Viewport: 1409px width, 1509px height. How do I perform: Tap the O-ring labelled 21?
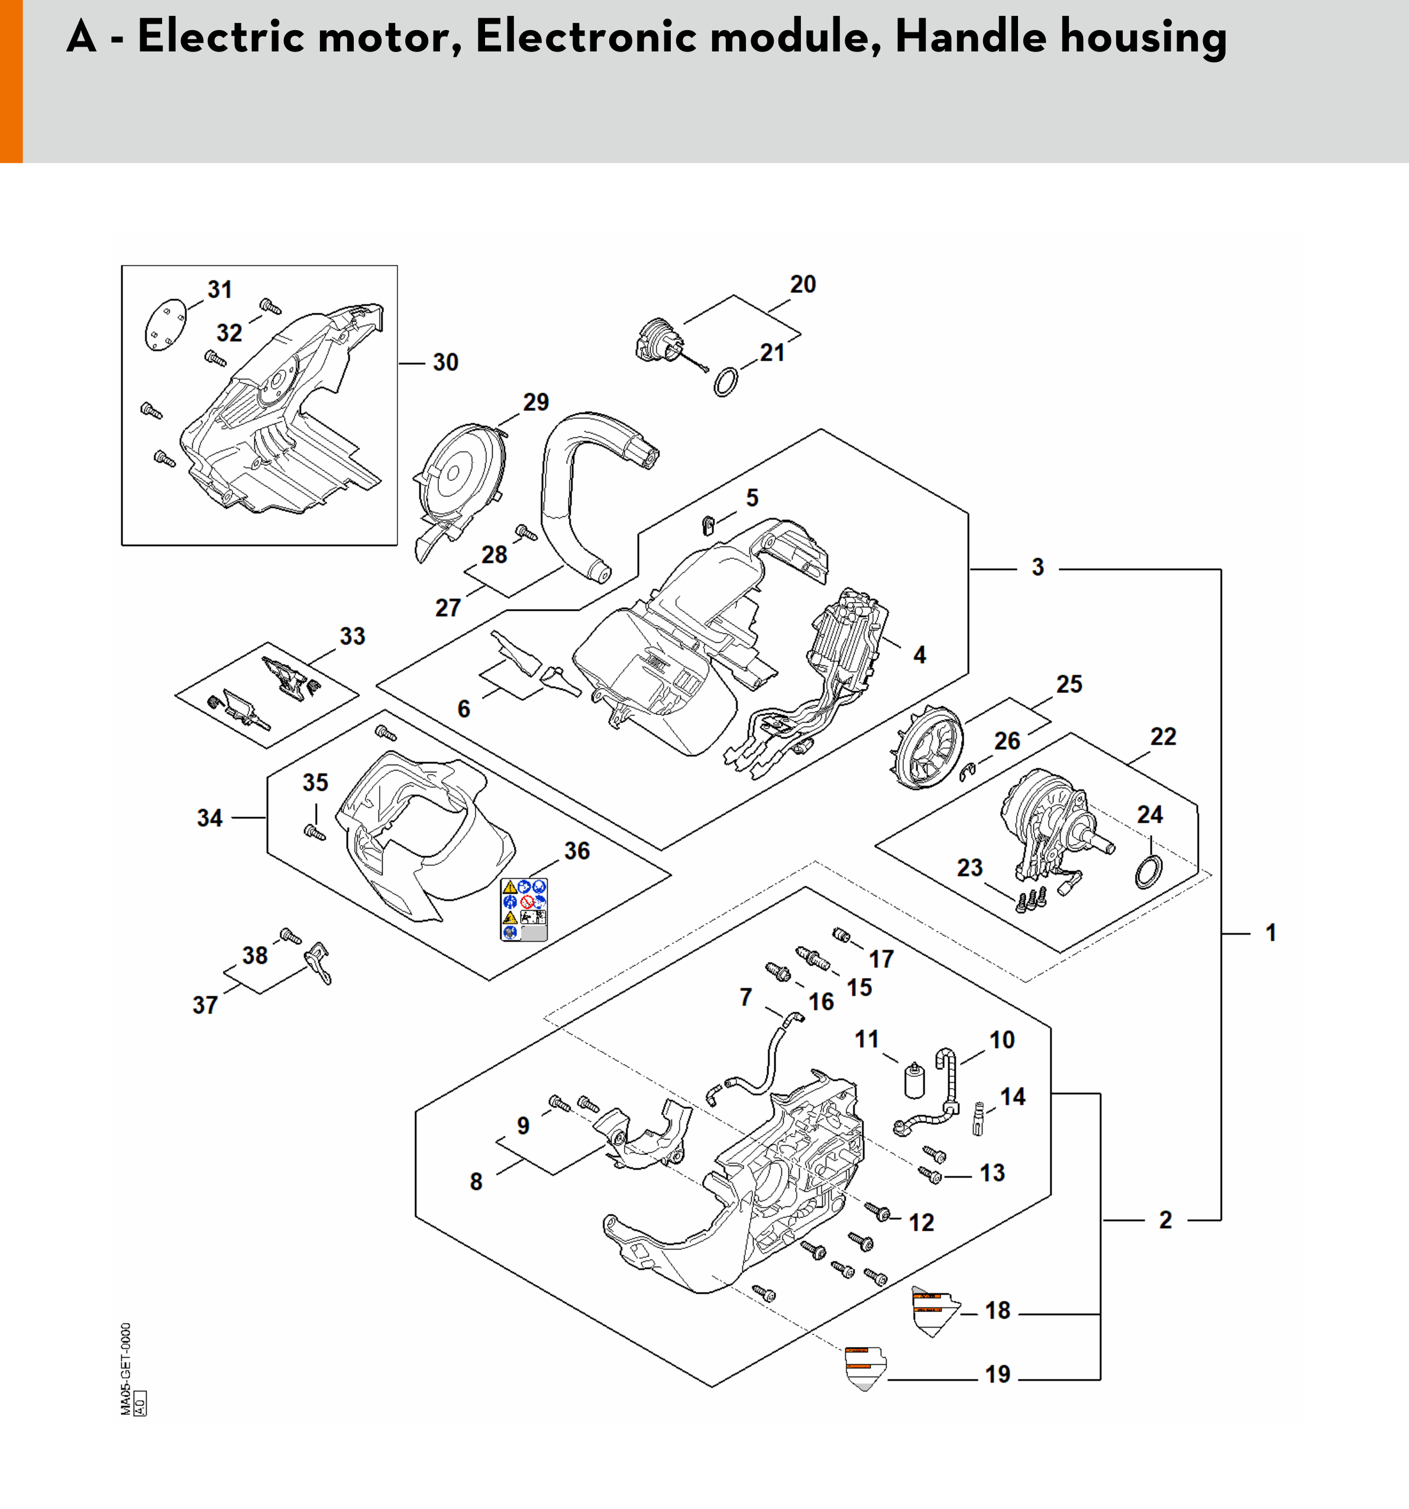point(726,382)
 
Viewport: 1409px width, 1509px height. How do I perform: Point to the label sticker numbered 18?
point(935,1309)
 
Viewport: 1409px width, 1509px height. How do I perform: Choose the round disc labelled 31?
point(164,326)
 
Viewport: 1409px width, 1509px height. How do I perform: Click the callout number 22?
point(1163,736)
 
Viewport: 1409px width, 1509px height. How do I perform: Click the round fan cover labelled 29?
point(459,474)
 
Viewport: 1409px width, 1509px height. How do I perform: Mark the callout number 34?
point(209,818)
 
